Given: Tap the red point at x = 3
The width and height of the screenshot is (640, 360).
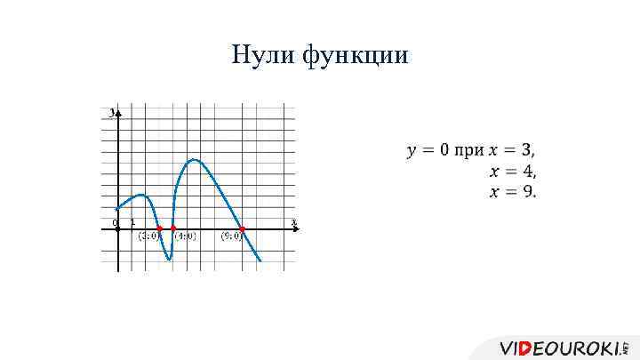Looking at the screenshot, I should [x=159, y=228].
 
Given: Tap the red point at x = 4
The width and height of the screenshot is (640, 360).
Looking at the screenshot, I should [x=172, y=228].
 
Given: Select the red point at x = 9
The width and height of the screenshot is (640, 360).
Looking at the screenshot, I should [x=242, y=228].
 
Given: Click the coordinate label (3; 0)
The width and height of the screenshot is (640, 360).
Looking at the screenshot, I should [x=148, y=236].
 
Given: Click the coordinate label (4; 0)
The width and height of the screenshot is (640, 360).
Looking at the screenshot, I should [x=185, y=236].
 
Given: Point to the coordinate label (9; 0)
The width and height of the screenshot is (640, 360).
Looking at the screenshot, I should [x=232, y=236].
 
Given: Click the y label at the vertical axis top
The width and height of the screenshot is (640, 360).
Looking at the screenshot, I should [x=111, y=113].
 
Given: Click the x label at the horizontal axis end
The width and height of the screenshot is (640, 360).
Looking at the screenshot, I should [x=292, y=221].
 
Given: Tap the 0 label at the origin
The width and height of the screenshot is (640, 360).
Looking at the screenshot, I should [x=115, y=221].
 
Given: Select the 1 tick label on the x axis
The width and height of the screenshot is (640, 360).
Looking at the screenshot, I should [x=132, y=221].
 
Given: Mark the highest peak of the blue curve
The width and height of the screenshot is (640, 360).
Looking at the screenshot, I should [x=194, y=160].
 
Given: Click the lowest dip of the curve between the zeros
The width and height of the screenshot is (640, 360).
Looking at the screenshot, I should [x=168, y=259].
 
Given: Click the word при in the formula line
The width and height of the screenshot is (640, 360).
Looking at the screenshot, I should [x=468, y=150].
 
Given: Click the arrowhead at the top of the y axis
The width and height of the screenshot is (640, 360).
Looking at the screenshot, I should [x=117, y=112].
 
